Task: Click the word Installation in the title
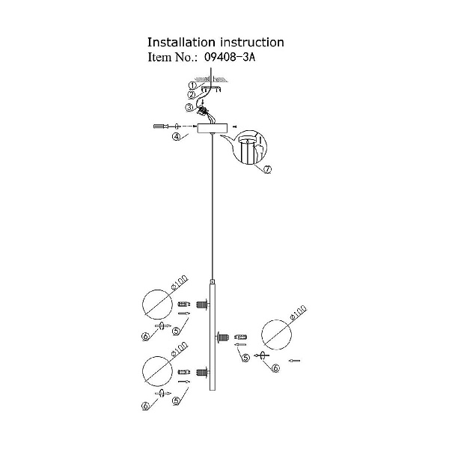[181, 42]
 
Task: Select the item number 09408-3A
[230, 58]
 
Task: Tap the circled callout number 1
[192, 85]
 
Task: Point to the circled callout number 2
[192, 95]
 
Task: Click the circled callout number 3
[189, 107]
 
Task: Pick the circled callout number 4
[176, 137]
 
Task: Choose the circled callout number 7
[268, 170]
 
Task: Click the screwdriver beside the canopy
[159, 126]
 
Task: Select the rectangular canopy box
[213, 128]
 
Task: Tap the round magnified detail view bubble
[250, 147]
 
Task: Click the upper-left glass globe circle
[157, 305]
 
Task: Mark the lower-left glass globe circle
[157, 371]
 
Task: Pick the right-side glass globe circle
[276, 335]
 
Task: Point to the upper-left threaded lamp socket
[203, 304]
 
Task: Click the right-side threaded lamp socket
[222, 337]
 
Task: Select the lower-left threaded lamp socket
[203, 372]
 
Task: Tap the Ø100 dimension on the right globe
[298, 313]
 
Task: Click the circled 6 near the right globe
[275, 368]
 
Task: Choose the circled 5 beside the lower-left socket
[176, 401]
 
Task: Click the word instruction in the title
[252, 42]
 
